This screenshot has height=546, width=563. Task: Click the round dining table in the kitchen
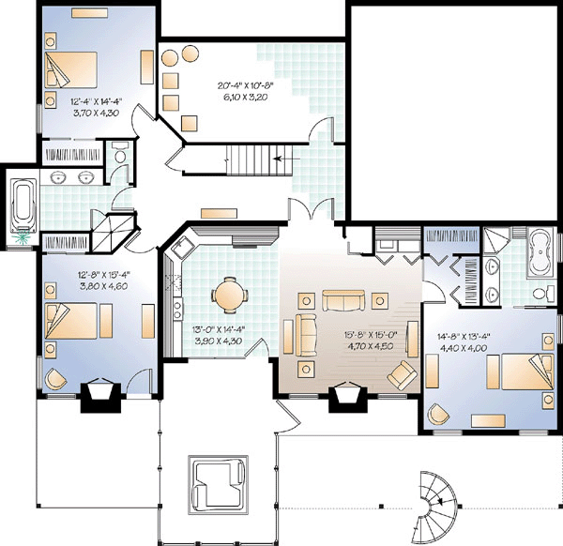click(x=230, y=296)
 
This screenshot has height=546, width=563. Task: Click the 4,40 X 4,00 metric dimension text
click(x=464, y=348)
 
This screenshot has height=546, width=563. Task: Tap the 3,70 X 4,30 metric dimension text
click(x=96, y=114)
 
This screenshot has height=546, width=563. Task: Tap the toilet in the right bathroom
click(x=543, y=293)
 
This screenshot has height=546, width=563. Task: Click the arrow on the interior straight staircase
click(x=278, y=159)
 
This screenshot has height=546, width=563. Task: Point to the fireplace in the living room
click(x=348, y=396)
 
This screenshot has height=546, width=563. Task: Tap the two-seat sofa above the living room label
click(x=343, y=301)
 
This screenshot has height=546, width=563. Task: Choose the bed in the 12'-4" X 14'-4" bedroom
click(x=71, y=69)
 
